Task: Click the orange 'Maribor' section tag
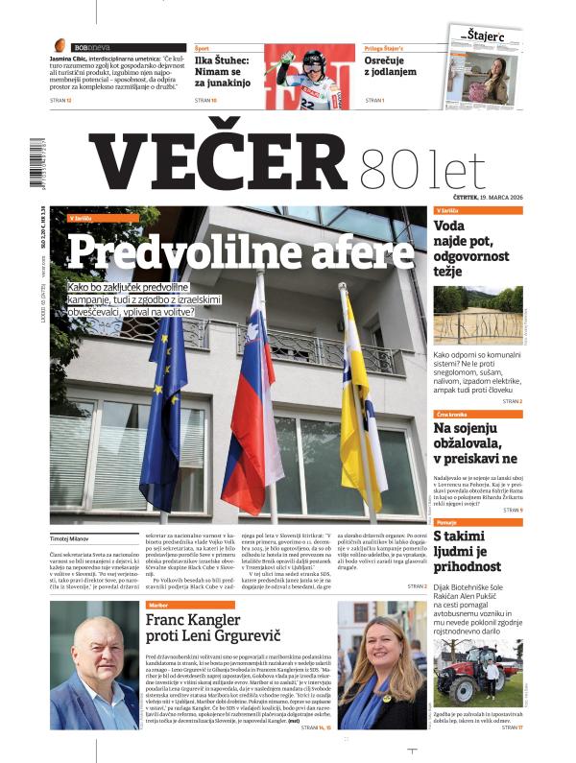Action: point(159,606)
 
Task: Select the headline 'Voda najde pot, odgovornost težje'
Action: point(476,248)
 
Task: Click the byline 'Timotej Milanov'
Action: point(73,539)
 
